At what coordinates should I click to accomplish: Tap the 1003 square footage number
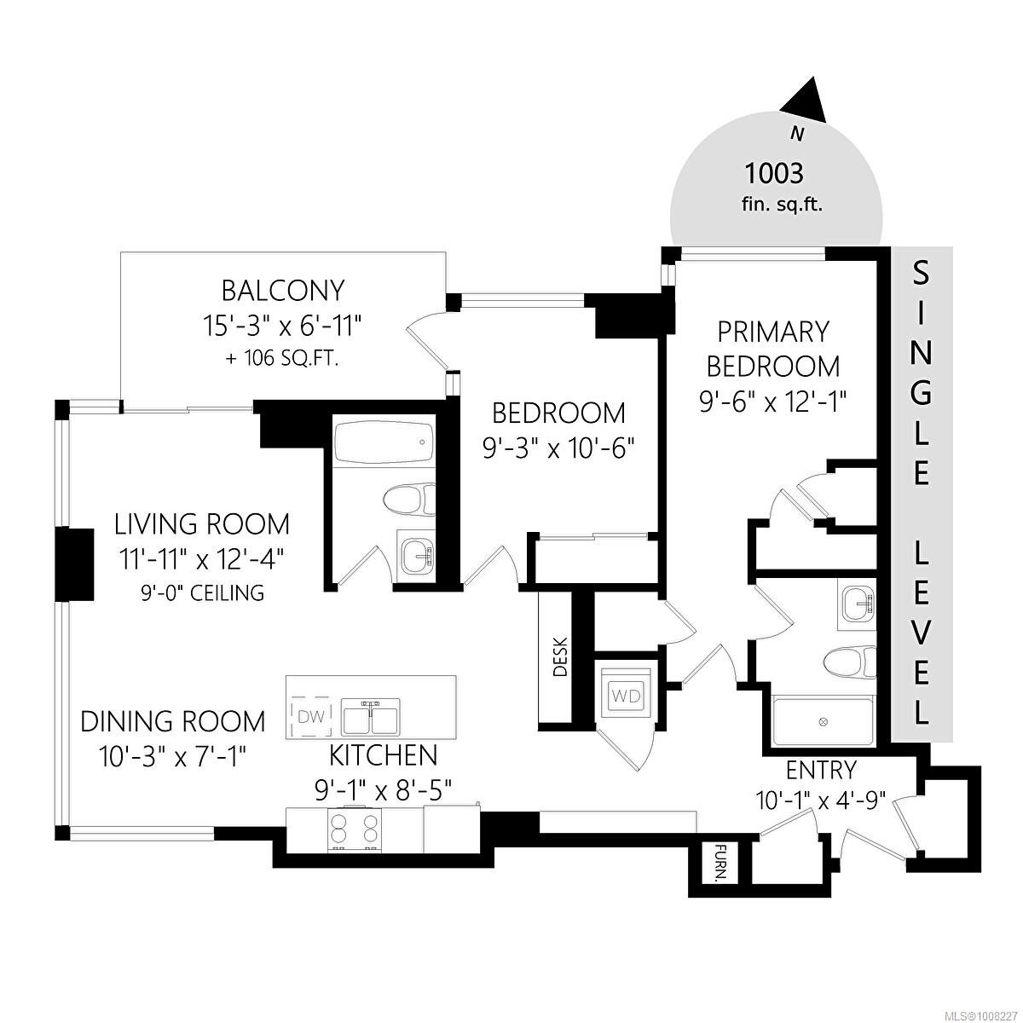pyautogui.click(x=774, y=174)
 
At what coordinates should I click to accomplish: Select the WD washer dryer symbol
pyautogui.click(x=627, y=695)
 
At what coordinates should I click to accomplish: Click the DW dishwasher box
pyautogui.click(x=311, y=716)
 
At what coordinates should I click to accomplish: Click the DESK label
pyautogui.click(x=560, y=658)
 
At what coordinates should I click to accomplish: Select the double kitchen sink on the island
pyautogui.click(x=371, y=716)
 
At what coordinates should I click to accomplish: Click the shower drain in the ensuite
pyautogui.click(x=823, y=722)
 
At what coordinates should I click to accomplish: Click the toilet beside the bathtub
pyautogui.click(x=408, y=499)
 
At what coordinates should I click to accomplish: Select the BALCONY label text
pyautogui.click(x=282, y=291)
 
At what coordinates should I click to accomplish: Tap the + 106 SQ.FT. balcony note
pyautogui.click(x=282, y=359)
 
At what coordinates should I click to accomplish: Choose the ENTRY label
pyautogui.click(x=820, y=771)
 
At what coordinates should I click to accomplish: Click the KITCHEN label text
pyautogui.click(x=383, y=754)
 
